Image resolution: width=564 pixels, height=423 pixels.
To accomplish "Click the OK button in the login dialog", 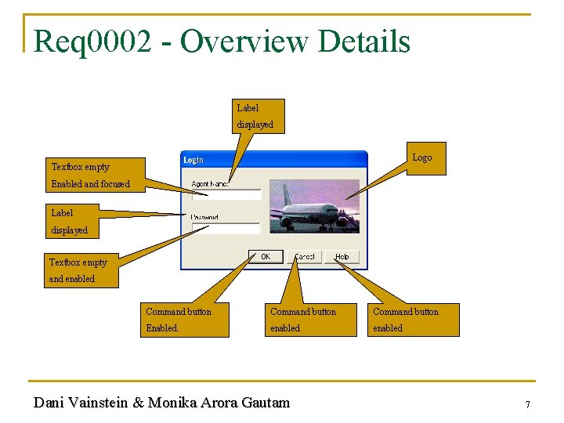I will point(266,257).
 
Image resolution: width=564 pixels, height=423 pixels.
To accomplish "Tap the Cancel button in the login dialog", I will point(305,257).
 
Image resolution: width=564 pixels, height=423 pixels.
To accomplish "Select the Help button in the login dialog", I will point(342,257).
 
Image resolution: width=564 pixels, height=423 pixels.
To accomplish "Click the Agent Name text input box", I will point(226,195).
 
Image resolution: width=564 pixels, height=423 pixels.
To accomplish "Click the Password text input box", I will point(226,228).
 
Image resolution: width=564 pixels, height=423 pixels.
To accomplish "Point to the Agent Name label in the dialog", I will point(210,184).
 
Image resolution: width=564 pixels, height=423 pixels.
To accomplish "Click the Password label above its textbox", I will point(205,217).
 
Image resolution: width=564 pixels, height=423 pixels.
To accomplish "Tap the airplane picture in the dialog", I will point(314,205).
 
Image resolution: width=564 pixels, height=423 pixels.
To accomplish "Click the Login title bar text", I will point(193,160).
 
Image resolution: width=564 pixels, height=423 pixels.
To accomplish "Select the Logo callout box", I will point(421,158).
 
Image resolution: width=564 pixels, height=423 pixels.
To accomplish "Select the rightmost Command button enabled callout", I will point(414,320).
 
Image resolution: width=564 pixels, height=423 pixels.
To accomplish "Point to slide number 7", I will point(527,405).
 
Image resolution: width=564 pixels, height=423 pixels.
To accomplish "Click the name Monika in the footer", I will point(172,403).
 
